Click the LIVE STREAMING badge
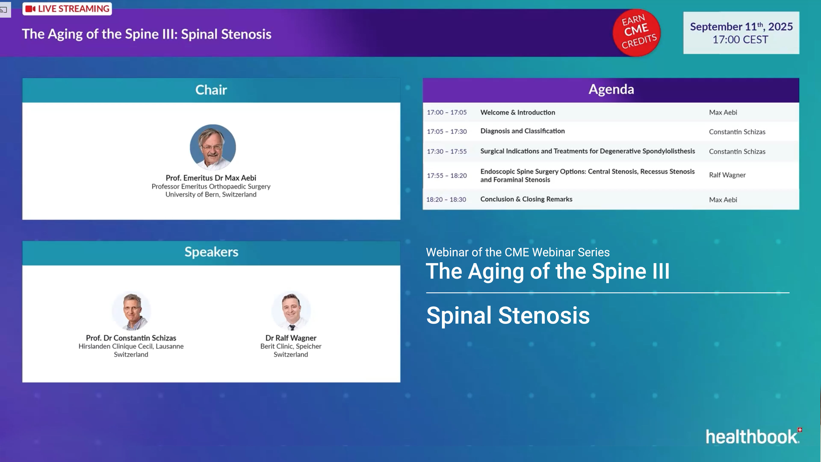click(67, 9)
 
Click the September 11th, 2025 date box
click(741, 33)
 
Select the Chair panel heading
click(211, 90)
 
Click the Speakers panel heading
click(211, 252)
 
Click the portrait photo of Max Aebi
click(213, 147)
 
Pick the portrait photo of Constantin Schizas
click(131, 311)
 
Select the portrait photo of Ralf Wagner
click(291, 311)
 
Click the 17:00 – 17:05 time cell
click(446, 113)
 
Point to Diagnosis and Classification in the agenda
click(522, 131)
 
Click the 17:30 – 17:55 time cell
click(446, 151)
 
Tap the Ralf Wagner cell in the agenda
click(727, 175)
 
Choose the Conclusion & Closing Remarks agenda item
click(526, 199)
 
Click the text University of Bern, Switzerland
click(211, 194)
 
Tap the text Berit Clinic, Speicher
click(291, 346)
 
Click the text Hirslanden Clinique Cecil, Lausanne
click(131, 346)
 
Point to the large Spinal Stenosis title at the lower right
click(508, 316)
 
